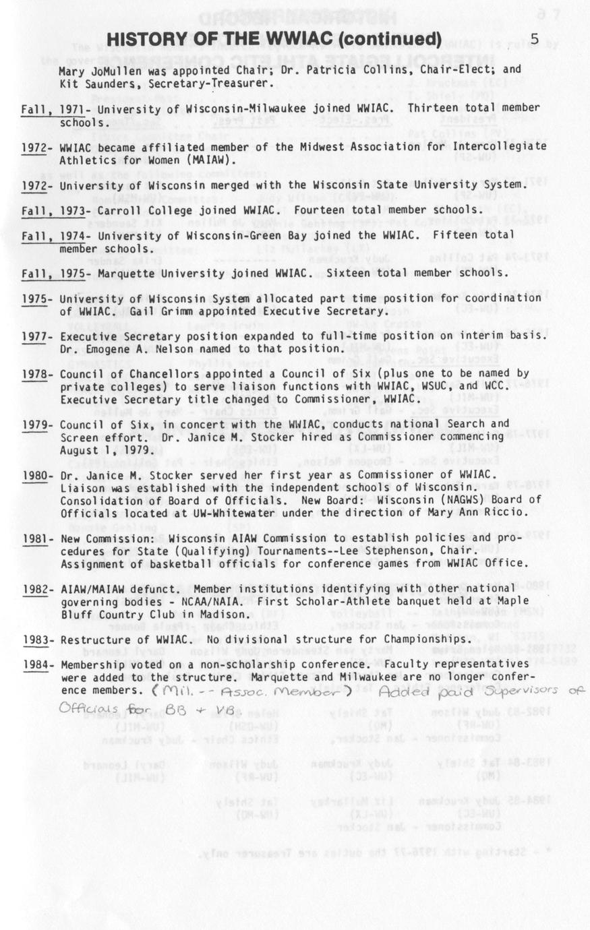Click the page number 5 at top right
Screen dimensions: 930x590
534,38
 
